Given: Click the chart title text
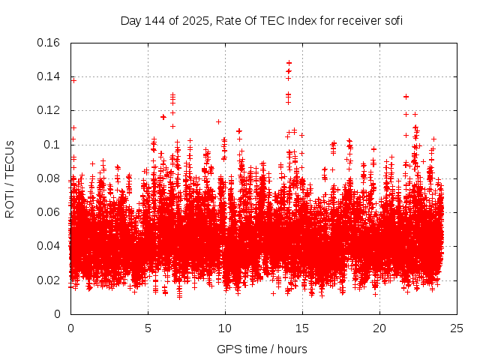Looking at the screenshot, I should [x=262, y=20].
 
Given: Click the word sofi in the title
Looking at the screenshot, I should [x=392, y=20].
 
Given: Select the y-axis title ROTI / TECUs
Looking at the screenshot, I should [x=10, y=178].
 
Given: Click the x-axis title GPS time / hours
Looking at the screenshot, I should [x=262, y=349].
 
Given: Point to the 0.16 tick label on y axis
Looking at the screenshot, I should [x=49, y=42].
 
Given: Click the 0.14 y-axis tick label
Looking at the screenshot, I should [x=49, y=76].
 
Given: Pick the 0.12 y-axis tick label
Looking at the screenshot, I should [x=49, y=110].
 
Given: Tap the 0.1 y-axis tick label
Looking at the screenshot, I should [x=52, y=144].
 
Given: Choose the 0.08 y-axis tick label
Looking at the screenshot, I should [x=49, y=178].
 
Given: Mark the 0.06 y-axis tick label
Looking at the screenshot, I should [x=49, y=212].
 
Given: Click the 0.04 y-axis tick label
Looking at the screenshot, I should [x=49, y=246].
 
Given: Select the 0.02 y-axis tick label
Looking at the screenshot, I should [x=49, y=280].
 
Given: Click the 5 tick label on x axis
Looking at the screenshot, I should [x=148, y=328].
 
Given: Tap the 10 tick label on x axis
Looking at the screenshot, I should [x=225, y=328].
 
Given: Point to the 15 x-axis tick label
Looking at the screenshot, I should [x=302, y=328].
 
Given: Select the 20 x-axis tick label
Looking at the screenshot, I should [x=379, y=328].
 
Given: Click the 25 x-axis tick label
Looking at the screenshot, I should [x=457, y=328].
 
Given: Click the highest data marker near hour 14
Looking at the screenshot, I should [x=289, y=63].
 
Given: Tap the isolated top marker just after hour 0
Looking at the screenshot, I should [x=73, y=79].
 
